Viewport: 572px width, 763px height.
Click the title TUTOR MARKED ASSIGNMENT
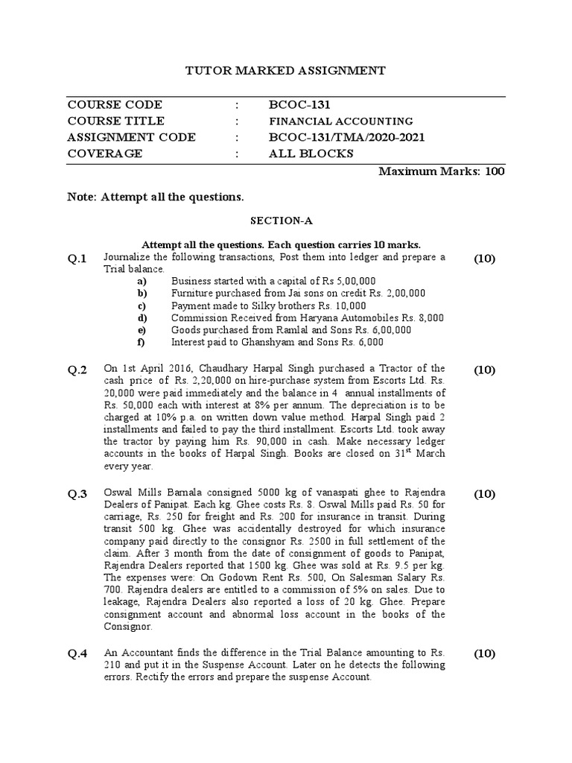(285, 71)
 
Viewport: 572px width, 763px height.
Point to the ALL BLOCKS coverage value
(311, 153)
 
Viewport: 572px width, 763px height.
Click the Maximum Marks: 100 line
(442, 171)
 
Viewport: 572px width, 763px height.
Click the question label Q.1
(78, 259)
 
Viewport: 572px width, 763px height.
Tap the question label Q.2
(78, 370)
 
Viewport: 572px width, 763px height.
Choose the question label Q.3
(78, 494)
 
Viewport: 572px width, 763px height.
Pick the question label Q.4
(78, 654)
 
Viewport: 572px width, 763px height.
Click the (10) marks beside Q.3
(484, 494)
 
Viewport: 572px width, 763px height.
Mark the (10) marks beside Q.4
(484, 654)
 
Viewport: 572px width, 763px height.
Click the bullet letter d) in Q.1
(142, 317)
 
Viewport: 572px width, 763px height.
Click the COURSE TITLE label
(115, 121)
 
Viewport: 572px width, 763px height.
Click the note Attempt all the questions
(155, 197)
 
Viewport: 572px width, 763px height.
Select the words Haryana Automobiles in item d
(342, 317)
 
